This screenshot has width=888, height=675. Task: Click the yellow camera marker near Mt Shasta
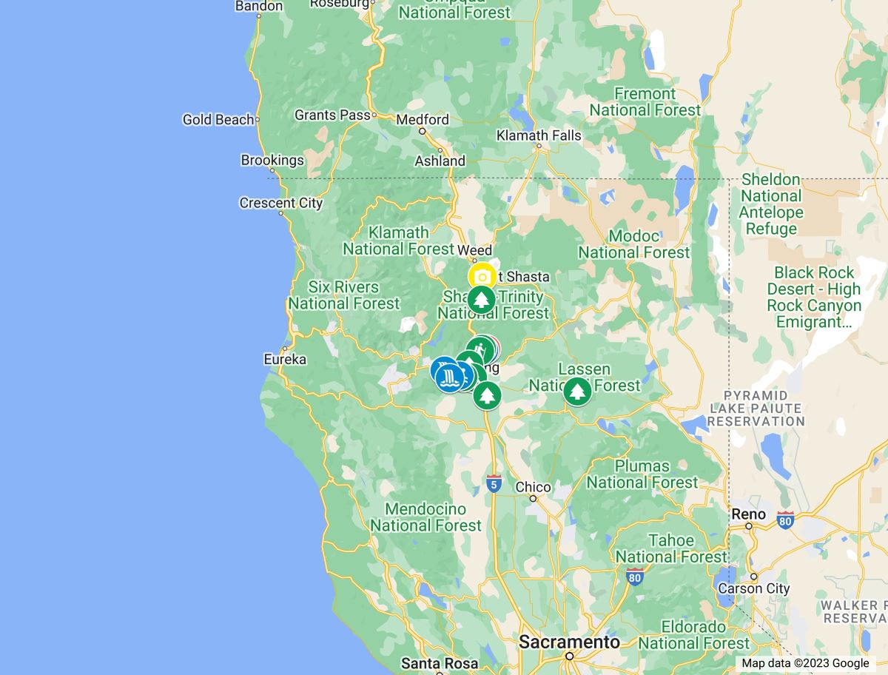tap(482, 278)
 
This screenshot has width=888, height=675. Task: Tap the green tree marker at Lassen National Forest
tap(576, 392)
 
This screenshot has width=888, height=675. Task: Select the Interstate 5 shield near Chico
tap(494, 483)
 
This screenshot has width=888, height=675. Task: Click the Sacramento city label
tap(569, 642)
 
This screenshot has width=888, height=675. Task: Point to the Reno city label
tap(748, 514)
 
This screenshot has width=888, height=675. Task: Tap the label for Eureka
tap(285, 360)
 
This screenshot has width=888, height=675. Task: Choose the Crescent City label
tap(281, 203)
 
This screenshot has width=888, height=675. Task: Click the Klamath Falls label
tap(539, 135)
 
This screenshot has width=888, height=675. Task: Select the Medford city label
tap(423, 120)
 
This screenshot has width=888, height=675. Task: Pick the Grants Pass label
tap(332, 115)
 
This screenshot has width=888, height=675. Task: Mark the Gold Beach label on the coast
tap(218, 119)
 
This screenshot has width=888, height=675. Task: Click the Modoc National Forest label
tap(634, 244)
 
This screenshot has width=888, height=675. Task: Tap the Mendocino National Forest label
tap(425, 517)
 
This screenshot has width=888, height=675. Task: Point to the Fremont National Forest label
tap(645, 102)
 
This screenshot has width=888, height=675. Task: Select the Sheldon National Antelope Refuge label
tap(771, 204)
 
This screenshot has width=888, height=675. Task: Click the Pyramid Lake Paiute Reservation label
tap(755, 408)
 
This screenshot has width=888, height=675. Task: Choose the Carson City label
tap(754, 589)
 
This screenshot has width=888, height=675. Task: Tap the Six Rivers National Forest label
tap(344, 295)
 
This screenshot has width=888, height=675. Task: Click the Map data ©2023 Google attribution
tap(805, 663)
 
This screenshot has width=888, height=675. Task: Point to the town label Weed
tap(475, 250)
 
